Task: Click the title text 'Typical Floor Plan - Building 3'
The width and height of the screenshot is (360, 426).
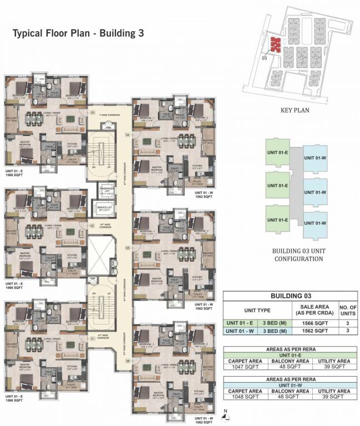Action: pos(78,33)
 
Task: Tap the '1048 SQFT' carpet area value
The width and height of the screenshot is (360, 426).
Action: pos(243,397)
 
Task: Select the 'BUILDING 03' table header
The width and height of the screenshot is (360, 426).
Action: pos(290,296)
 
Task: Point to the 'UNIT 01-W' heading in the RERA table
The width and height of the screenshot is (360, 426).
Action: pos(290,384)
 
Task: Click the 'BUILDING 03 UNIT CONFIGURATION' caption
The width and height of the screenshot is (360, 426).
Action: pos(294,255)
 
